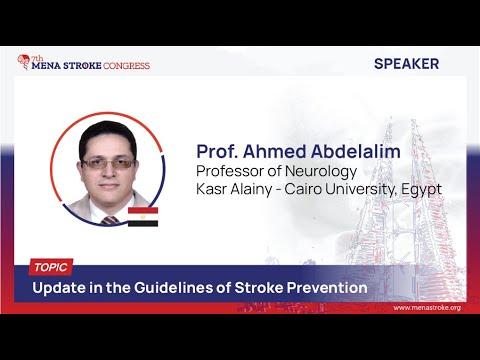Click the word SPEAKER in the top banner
click(x=406, y=64)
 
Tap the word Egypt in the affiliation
click(x=419, y=188)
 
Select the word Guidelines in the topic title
click(x=171, y=289)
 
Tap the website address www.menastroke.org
click(x=419, y=308)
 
